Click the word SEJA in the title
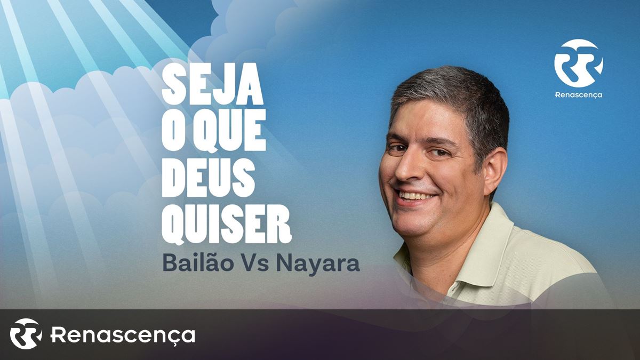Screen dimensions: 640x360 (x=212, y=84)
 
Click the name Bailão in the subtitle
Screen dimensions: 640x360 (x=198, y=263)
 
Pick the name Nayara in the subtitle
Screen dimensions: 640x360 (x=317, y=265)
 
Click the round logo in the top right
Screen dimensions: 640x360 (x=579, y=63)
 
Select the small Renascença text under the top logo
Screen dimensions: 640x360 (x=579, y=95)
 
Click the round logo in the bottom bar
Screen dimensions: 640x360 (x=26, y=334)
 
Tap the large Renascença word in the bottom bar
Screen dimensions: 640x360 (x=123, y=335)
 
